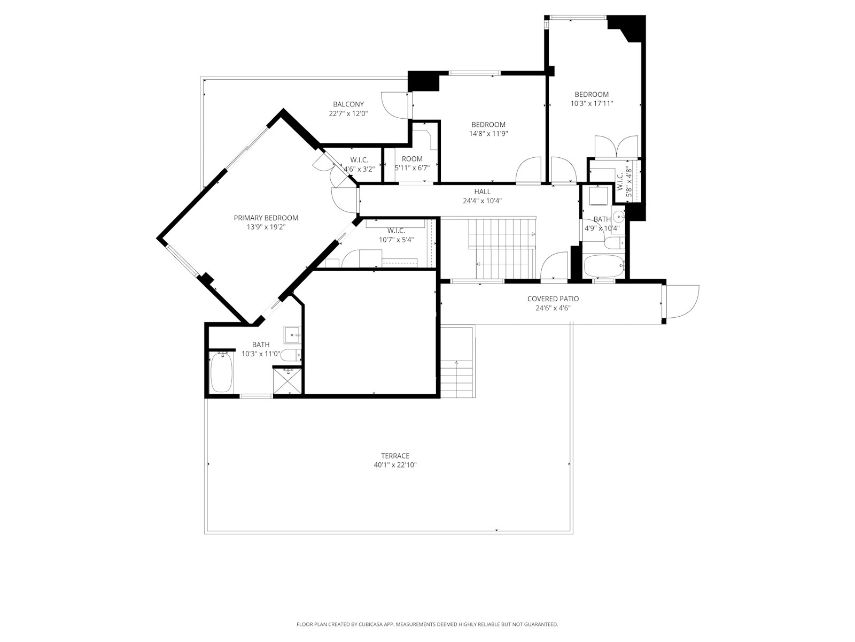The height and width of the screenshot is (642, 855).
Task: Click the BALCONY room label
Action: pos(348,104)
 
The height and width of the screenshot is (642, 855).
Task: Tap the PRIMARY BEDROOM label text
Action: pos(266,218)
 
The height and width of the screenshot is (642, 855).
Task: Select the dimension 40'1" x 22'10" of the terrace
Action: pos(395,465)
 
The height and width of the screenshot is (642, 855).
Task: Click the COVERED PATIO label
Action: pos(553,299)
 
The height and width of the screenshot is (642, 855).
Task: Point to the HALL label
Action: pos(482,192)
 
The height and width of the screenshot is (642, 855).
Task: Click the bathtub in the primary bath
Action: pos(221,372)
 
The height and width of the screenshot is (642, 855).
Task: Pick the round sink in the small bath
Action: pos(618,217)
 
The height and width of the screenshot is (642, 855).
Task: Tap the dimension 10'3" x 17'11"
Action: pos(592,104)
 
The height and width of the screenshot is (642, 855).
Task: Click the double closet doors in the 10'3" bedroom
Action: pos(616,146)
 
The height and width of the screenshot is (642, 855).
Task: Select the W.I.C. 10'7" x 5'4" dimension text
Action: pos(396,240)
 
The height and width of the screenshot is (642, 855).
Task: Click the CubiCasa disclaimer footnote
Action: pos(427,624)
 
